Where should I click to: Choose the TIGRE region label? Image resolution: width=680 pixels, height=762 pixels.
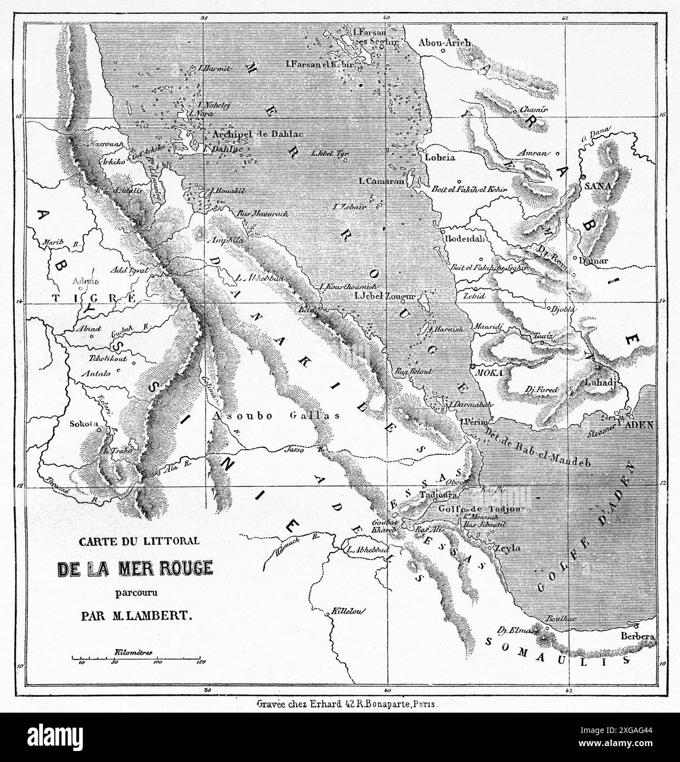coord(93,298)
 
